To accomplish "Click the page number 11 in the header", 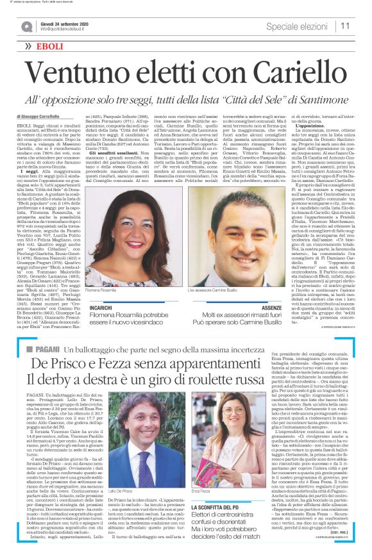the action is (x=345, y=25).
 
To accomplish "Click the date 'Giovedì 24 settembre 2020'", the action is (x=64, y=22).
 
